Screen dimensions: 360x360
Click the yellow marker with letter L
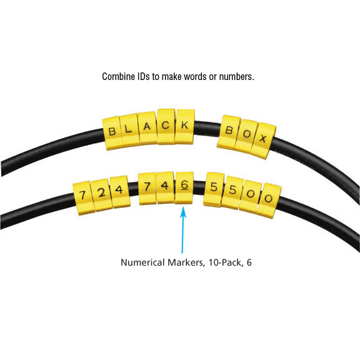[x=129, y=130]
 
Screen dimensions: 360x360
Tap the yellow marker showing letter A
[x=147, y=128]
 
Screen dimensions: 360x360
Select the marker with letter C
[x=166, y=126]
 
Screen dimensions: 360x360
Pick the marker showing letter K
[x=185, y=126]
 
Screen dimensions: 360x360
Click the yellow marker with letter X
[x=263, y=140]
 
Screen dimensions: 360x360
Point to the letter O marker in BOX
[x=246, y=136]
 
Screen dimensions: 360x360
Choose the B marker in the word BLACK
[x=112, y=133]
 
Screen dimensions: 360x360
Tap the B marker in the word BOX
[x=229, y=132]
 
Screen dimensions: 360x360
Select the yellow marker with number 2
[x=101, y=194]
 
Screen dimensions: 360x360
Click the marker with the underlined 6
[x=184, y=187]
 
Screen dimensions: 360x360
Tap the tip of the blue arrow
[x=183, y=207]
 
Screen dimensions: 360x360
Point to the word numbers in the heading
[x=236, y=76]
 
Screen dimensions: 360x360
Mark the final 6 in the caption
[x=249, y=262]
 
